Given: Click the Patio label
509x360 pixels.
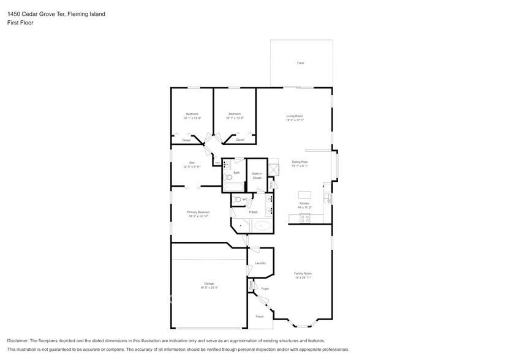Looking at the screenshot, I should (x=301, y=63).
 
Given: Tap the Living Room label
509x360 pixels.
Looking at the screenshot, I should (x=295, y=116).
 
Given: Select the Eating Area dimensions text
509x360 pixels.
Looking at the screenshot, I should (x=300, y=166).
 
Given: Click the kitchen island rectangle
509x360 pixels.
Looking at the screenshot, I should (x=304, y=195).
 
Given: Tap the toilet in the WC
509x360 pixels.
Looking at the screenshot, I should (x=238, y=200).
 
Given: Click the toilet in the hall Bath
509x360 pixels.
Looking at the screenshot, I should (x=227, y=176).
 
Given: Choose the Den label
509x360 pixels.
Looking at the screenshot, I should (x=192, y=162).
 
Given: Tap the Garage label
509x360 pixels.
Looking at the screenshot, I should (x=209, y=283).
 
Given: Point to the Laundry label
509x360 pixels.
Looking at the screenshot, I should (x=260, y=263).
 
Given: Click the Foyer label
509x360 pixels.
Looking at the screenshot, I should (x=265, y=288).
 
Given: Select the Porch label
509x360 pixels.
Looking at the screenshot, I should (x=260, y=317).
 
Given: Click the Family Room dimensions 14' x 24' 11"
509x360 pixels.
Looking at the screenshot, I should (x=303, y=278).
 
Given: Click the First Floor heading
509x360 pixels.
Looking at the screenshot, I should (x=20, y=23).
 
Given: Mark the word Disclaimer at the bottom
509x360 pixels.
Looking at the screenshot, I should (x=20, y=340).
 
